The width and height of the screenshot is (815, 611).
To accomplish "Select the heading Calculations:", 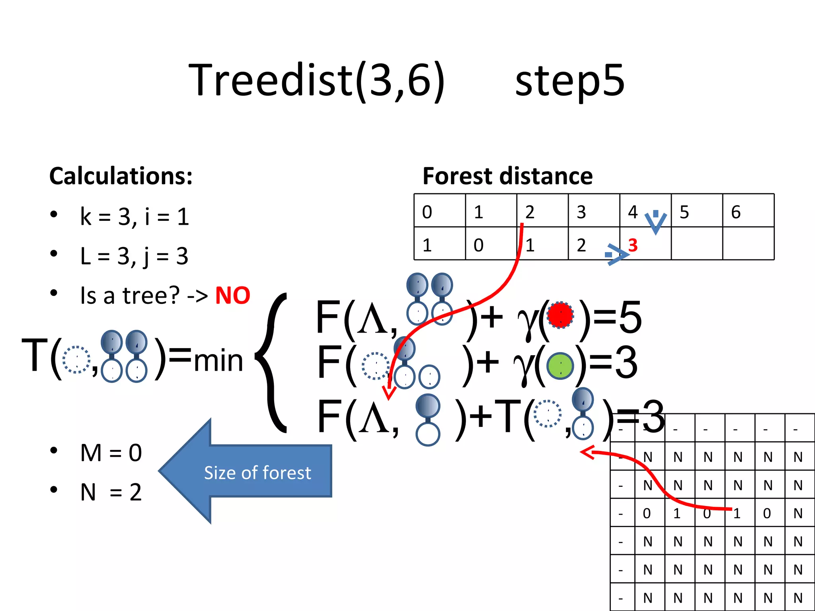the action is [121, 176].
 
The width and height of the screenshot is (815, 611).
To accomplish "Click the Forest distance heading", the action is [507, 176].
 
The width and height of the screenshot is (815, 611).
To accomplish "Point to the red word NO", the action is [232, 296].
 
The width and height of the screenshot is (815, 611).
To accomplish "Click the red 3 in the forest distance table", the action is [633, 245].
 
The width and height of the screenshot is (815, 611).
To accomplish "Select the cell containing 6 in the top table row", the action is [748, 211].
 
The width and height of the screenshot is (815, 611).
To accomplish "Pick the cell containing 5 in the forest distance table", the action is [696, 211].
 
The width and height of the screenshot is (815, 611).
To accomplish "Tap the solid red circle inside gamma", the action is [560, 315].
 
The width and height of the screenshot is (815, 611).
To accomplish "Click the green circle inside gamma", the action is [560, 366].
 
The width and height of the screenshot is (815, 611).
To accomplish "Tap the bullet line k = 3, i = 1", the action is [134, 217].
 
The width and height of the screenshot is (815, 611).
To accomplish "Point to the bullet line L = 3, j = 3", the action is [134, 256].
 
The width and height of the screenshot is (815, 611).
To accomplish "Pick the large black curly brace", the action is [272, 362].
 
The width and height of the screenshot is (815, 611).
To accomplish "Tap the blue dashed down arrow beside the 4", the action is [655, 222].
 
